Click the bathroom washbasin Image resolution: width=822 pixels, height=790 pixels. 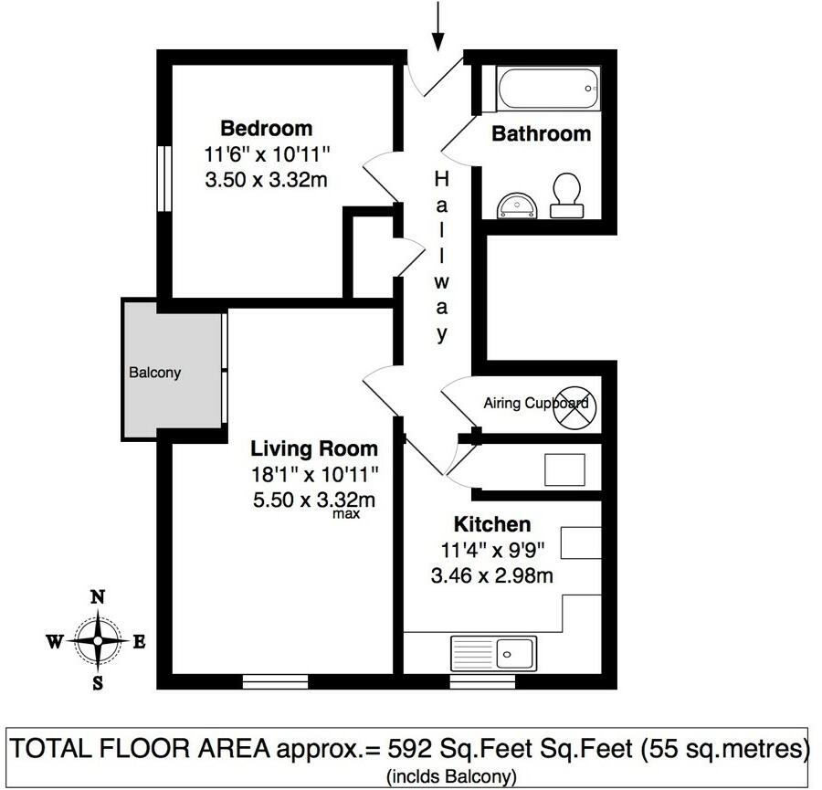click(x=519, y=205)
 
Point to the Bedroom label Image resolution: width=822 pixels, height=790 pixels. click(x=266, y=128)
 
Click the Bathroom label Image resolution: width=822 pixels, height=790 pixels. click(x=542, y=134)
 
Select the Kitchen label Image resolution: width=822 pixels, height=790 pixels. click(x=492, y=524)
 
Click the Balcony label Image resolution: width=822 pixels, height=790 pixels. click(x=154, y=373)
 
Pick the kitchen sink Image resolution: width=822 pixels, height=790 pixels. click(x=492, y=653)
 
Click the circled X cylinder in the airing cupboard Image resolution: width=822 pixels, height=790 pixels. click(x=574, y=406)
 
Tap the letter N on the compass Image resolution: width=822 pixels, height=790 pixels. click(x=97, y=598)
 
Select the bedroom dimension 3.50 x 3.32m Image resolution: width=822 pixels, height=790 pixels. click(x=266, y=179)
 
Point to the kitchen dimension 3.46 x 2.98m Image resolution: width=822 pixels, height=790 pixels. click(x=492, y=575)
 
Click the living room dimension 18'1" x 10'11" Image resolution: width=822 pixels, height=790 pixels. click(x=314, y=474)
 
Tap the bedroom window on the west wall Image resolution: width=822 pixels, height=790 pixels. click(x=164, y=179)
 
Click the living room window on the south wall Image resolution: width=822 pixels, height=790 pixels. click(x=275, y=680)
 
